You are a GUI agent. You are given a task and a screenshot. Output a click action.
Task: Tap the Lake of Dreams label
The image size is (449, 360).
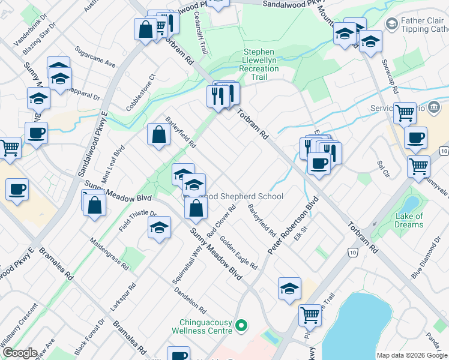[409, 220]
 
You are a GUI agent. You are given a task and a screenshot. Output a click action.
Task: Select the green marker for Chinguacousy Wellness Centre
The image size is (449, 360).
[241, 326]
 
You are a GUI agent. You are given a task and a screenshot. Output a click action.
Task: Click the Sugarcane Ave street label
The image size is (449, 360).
[95, 55]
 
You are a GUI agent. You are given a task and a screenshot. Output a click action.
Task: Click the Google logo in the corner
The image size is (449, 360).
[20, 353]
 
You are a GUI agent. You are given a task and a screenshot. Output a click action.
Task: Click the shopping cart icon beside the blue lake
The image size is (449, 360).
[310, 314]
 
